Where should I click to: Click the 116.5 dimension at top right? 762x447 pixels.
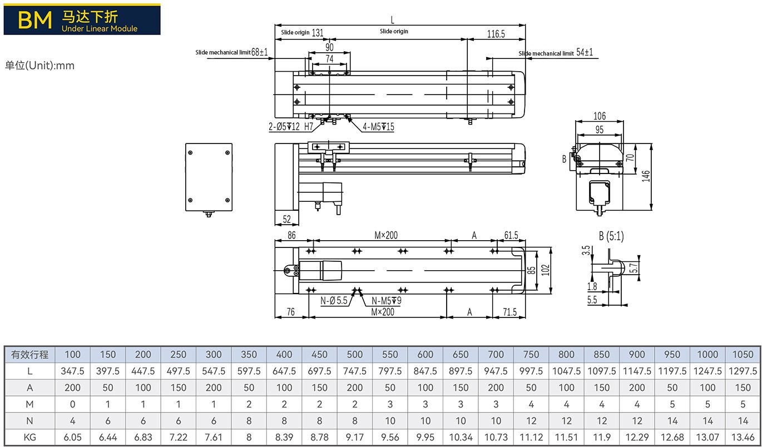496,34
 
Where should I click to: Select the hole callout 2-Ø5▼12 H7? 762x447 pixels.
291,127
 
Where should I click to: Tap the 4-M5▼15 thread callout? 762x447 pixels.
378,127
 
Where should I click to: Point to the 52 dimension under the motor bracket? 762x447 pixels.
287,219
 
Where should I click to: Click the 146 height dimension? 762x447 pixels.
646,176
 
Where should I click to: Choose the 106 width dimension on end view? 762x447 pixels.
600,116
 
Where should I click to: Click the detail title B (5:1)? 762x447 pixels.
611,236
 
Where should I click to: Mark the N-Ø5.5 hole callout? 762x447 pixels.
334,300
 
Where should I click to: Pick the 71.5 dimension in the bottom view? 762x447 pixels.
509,312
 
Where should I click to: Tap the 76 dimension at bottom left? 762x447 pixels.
290,312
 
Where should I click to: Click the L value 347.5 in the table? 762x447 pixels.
72,371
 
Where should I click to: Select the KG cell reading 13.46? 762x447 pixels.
743,437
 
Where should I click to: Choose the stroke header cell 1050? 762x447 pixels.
743,355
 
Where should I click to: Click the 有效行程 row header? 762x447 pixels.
29,355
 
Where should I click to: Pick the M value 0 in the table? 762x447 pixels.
72,404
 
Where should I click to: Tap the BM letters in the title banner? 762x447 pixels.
34,20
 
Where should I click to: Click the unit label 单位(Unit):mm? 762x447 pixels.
39,65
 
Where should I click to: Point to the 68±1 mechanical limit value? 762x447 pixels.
259,52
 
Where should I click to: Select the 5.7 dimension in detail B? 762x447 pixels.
634,268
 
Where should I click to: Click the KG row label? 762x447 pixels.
29,437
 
